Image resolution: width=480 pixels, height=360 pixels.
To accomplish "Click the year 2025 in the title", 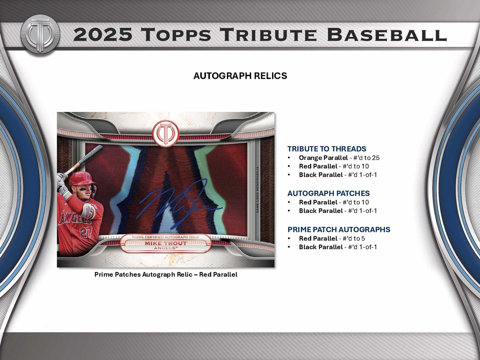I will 103,35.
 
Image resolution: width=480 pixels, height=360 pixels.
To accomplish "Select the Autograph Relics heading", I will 240,76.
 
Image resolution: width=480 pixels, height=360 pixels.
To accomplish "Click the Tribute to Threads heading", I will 327,149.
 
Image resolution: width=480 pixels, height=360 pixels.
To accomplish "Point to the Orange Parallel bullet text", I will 323,158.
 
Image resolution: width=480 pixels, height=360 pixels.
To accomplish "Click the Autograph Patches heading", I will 329,193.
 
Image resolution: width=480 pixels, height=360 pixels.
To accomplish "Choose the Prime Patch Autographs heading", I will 339,229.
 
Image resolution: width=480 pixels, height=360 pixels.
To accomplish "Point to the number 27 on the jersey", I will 86,232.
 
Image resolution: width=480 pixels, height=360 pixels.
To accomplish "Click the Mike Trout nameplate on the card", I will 166,243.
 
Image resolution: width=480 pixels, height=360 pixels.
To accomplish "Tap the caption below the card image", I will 166,275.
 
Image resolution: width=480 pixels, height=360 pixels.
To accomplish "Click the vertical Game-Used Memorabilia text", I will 257,190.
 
